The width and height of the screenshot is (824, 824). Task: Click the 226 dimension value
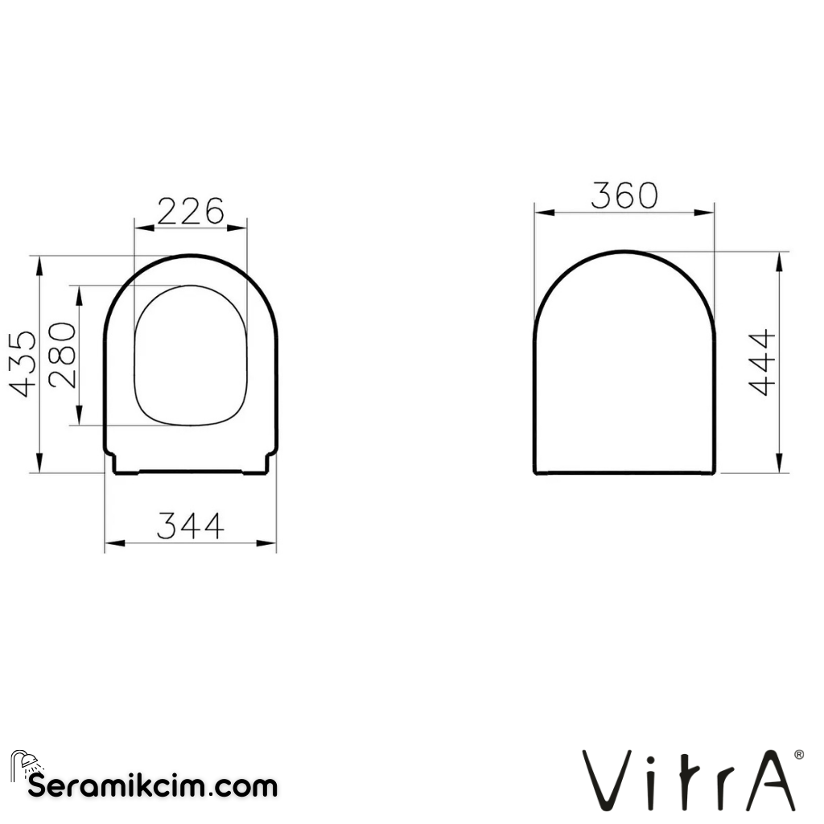tap(190, 212)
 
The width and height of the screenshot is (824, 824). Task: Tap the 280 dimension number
tap(63, 355)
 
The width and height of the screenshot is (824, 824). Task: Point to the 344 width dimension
tap(190, 526)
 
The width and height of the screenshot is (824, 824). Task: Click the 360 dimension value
tap(624, 196)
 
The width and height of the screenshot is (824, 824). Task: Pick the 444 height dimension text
tap(761, 362)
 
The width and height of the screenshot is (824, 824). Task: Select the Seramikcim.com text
tap(153, 785)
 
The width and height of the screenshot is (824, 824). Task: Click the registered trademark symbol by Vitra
tap(798, 755)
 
